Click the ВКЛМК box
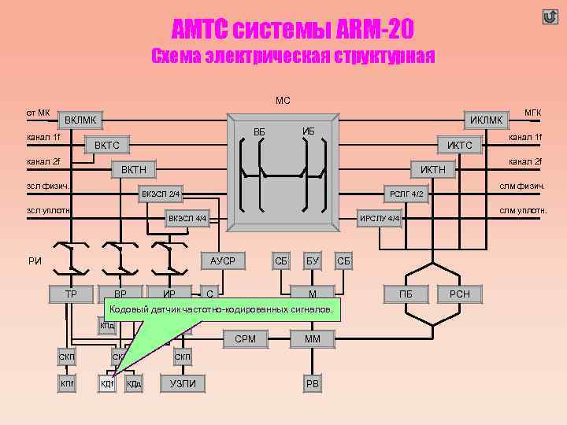click(x=81, y=120)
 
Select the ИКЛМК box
click(x=486, y=120)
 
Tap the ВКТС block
click(x=107, y=145)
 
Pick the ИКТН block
click(x=432, y=169)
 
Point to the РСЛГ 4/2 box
click(x=407, y=194)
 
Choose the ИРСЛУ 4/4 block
click(x=380, y=218)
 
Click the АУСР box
click(x=223, y=261)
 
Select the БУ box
click(x=313, y=261)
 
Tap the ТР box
click(x=70, y=294)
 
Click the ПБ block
click(x=406, y=294)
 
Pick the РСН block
click(x=459, y=294)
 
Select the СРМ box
click(x=245, y=339)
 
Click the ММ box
click(x=313, y=339)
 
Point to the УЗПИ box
click(x=183, y=383)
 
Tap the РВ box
click(x=313, y=383)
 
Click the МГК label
click(x=532, y=113)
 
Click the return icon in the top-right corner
click(x=550, y=17)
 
